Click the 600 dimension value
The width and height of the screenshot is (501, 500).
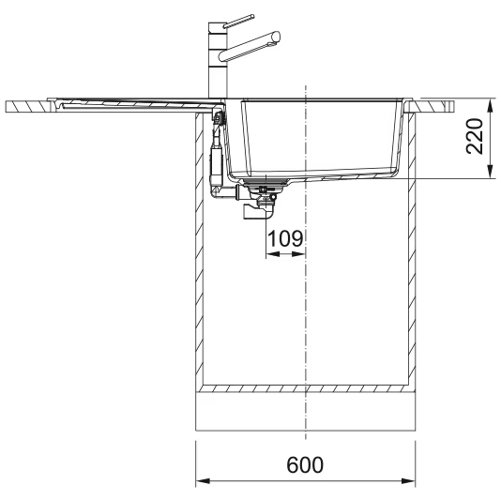[x=305, y=465]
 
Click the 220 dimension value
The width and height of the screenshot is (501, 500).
[x=475, y=136]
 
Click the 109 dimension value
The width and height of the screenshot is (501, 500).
[x=285, y=238]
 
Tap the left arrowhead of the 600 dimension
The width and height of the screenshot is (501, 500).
[x=203, y=481]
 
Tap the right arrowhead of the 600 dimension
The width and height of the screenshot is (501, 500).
[x=408, y=481]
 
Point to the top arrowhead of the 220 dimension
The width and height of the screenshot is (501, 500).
[x=490, y=105]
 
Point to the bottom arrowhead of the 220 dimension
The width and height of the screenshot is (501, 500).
[x=490, y=171]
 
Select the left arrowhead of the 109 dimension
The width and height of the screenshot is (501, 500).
[x=272, y=254]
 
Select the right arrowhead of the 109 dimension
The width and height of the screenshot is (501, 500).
[x=298, y=254]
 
